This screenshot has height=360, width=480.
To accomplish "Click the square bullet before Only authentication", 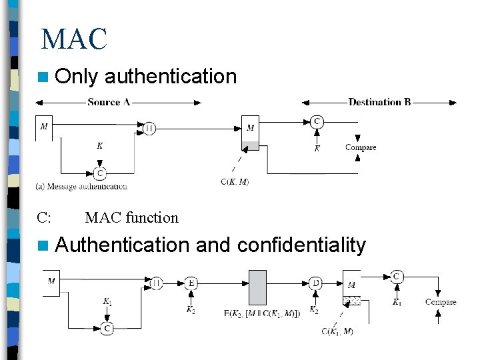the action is tap(44, 77).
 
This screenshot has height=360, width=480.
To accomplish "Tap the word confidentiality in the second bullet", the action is tap(301, 245).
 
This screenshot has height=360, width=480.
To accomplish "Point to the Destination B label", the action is tap(379, 102).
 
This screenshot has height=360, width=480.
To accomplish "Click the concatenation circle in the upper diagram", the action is tap(149, 128).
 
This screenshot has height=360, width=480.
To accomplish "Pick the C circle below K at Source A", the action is tap(99, 174).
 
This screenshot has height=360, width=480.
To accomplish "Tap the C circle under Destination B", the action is tap(317, 121).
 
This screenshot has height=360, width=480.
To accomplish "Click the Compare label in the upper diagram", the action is tap(361, 147).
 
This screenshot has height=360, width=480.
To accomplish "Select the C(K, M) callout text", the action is tap(235, 181).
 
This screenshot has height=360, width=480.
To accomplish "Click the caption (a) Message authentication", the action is tap(81, 187).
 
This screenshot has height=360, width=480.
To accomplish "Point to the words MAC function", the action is tap(132, 217).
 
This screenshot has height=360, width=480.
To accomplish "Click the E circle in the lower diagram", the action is tap(191, 283).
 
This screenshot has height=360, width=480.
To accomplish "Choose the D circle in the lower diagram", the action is tap(315, 283).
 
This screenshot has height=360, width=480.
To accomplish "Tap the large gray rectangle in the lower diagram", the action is tap(257, 287).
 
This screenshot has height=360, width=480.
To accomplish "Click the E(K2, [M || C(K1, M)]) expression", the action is tap(261, 311).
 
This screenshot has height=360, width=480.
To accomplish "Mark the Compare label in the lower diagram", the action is tap(441, 302).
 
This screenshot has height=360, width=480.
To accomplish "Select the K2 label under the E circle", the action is tap(191, 310).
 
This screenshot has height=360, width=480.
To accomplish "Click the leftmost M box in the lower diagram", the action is tap(51, 281).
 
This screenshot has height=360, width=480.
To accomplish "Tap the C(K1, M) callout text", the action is tap(337, 331).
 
